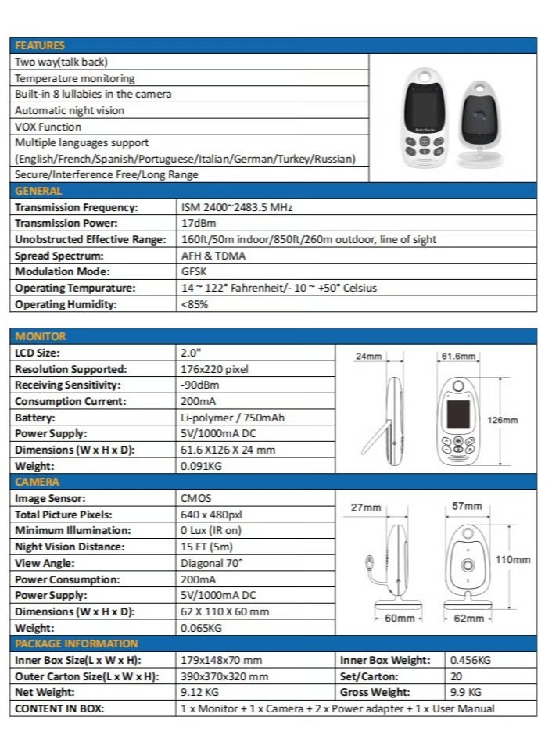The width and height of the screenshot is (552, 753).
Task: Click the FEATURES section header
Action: pos(40,45)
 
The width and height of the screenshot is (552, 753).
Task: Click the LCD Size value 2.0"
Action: pos(191,353)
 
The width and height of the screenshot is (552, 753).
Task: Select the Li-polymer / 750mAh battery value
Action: pos(232,418)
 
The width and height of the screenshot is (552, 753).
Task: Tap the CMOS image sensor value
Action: pos(195,498)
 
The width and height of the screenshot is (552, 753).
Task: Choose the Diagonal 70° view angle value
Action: pos(212,563)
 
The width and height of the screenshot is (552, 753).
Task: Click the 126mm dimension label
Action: pos(503,420)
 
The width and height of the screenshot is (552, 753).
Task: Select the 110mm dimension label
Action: pos(513,560)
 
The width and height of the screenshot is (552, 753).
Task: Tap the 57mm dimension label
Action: pos(468,506)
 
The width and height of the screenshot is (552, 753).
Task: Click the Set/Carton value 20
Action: pos(457,676)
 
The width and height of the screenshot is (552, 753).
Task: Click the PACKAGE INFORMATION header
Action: pos(77,644)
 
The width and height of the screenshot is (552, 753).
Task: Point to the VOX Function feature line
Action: pos(48,127)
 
